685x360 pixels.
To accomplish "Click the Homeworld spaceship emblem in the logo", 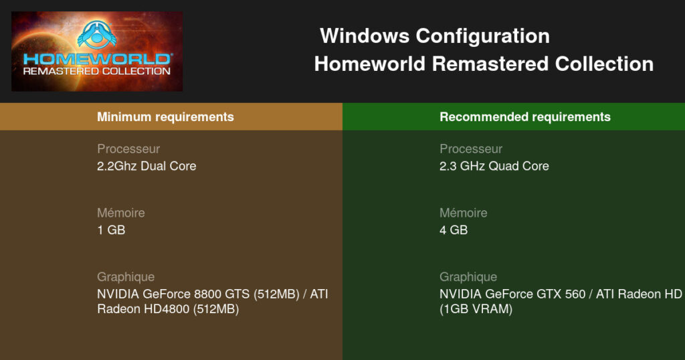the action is point(96,35).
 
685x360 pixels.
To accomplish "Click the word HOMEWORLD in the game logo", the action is point(97,59).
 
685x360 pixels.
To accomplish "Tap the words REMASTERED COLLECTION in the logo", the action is point(96,71).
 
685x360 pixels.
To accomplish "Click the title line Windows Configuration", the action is point(435,36).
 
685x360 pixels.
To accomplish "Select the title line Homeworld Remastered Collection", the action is point(484,64).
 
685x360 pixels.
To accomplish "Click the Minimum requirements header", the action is point(165,116).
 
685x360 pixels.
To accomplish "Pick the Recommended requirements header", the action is point(525,116).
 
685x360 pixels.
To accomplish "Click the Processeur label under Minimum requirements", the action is point(128,149).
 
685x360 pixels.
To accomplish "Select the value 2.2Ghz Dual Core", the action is point(146,166).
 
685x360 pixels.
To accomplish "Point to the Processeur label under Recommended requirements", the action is point(471,149).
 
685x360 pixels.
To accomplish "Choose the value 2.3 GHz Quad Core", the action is point(494,166).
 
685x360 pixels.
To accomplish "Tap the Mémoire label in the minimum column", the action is point(121,213).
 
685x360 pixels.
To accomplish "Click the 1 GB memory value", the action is point(111,230).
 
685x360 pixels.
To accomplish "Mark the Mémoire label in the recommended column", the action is point(464,213).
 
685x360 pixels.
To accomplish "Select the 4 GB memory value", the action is point(454,230).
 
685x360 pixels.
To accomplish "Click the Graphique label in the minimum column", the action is point(126,277).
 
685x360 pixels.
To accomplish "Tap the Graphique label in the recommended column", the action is point(468,277).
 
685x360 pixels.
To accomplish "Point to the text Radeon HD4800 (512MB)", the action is point(168,309).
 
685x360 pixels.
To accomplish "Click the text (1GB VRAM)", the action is point(476,309).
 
